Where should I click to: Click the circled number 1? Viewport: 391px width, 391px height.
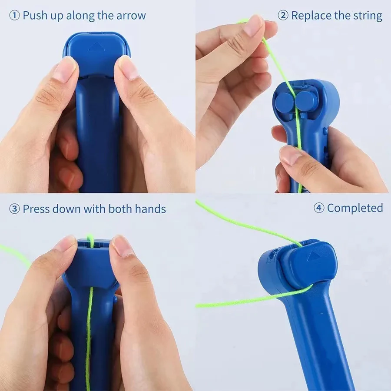(x=14, y=16)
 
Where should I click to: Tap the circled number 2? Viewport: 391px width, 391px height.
(x=283, y=16)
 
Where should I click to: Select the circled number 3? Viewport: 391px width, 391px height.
(x=14, y=209)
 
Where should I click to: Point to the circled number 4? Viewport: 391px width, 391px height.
(x=319, y=208)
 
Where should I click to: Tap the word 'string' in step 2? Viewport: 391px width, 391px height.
(x=368, y=16)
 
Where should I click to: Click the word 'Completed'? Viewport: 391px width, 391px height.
(x=355, y=208)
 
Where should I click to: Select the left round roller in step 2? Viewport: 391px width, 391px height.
(x=285, y=102)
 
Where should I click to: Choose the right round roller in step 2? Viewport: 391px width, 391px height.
(x=306, y=100)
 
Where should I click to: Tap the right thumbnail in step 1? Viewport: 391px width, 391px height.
(x=127, y=68)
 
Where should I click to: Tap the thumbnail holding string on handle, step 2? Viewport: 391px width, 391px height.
(x=290, y=155)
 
